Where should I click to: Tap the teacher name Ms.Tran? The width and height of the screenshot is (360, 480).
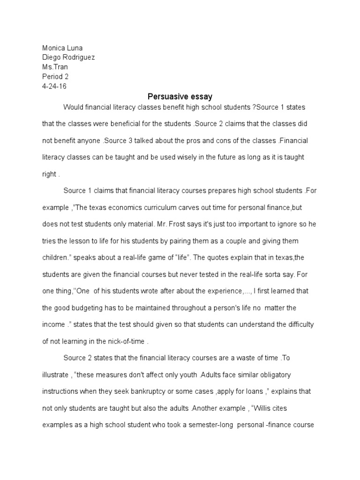click(55, 67)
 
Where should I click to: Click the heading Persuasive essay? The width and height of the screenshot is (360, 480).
click(180, 97)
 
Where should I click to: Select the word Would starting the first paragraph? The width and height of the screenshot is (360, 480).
click(73, 107)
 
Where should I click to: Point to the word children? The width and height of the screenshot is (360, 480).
click(56, 257)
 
